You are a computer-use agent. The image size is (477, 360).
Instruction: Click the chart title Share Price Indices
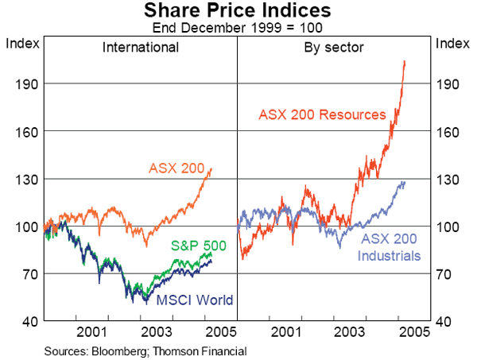click(x=238, y=10)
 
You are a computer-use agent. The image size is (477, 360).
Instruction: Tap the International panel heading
click(x=141, y=47)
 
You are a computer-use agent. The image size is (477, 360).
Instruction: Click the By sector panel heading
click(x=334, y=47)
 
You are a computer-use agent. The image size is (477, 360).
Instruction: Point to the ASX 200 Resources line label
click(x=322, y=114)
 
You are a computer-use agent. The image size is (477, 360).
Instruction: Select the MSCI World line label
click(x=195, y=300)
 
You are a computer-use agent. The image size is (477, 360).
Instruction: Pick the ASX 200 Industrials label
click(x=389, y=247)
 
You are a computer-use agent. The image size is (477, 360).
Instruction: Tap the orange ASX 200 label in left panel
click(x=176, y=168)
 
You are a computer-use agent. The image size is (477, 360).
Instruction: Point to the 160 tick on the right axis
click(x=451, y=131)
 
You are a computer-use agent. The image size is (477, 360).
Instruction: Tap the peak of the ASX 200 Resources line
click(x=405, y=60)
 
